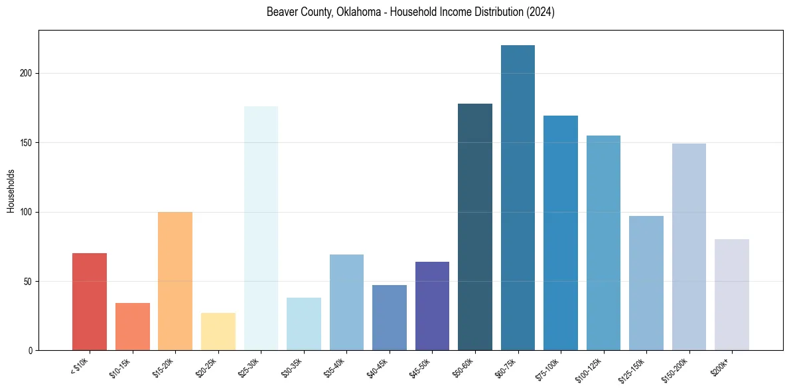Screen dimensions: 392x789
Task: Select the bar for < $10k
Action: (90, 302)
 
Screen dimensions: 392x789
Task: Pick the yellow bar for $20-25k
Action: (218, 332)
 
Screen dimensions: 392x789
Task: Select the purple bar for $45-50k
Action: (432, 306)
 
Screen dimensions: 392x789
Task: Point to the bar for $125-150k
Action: (646, 283)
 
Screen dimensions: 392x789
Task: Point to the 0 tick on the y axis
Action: (31, 351)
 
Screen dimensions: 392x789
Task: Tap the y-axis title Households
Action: (11, 191)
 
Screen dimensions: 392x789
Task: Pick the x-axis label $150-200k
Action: (674, 369)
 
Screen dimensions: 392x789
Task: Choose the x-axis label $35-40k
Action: (334, 367)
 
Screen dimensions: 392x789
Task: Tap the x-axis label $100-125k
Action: (589, 369)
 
